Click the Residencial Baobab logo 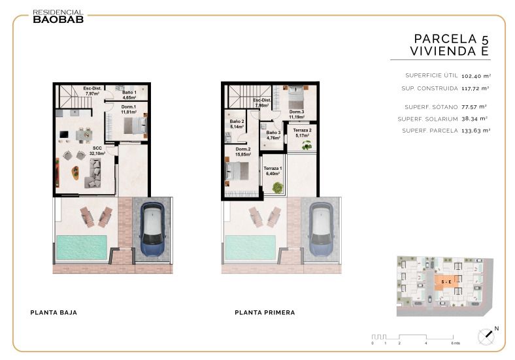pyautogui.click(x=58, y=16)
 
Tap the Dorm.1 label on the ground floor pyautogui.click(x=128, y=109)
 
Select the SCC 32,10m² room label pyautogui.click(x=97, y=151)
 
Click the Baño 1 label pyautogui.click(x=129, y=95)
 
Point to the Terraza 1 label pyautogui.click(x=273, y=171)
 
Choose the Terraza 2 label pyautogui.click(x=302, y=133)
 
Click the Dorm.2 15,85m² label pyautogui.click(x=243, y=152)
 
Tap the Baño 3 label pyautogui.click(x=273, y=135)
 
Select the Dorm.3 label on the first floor pyautogui.click(x=296, y=114)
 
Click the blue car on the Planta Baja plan pyautogui.click(x=152, y=229)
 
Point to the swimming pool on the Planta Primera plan pyautogui.click(x=250, y=248)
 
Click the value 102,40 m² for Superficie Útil pyautogui.click(x=476, y=76)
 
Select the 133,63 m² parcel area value pyautogui.click(x=476, y=131)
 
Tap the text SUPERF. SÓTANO pyautogui.click(x=431, y=107)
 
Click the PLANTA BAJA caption pyautogui.click(x=54, y=312)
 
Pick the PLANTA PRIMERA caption pyautogui.click(x=265, y=312)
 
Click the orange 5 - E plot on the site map pyautogui.click(x=446, y=282)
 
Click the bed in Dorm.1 pyautogui.click(x=135, y=125)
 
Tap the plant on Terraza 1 pyautogui.click(x=278, y=188)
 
